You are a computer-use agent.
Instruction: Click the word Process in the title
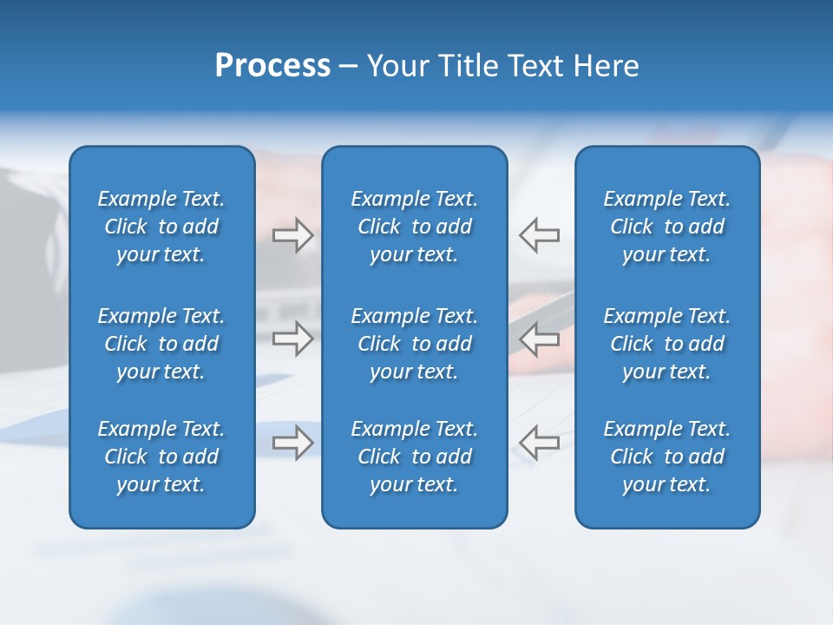click(272, 66)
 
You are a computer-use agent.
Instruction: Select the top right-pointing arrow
click(293, 235)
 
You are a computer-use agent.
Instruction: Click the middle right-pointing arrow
click(293, 339)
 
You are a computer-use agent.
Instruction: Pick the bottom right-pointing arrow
click(293, 443)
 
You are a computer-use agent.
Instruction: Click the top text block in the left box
click(161, 227)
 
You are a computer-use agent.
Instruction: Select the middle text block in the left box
click(161, 344)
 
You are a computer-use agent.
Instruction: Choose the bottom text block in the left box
click(161, 457)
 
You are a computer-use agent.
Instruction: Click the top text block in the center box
click(414, 227)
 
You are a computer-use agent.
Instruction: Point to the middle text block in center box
click(414, 344)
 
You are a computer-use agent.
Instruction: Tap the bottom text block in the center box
click(414, 457)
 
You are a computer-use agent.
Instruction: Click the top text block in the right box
click(666, 227)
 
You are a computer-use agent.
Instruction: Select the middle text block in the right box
click(666, 344)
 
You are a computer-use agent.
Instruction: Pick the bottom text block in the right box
click(666, 457)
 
